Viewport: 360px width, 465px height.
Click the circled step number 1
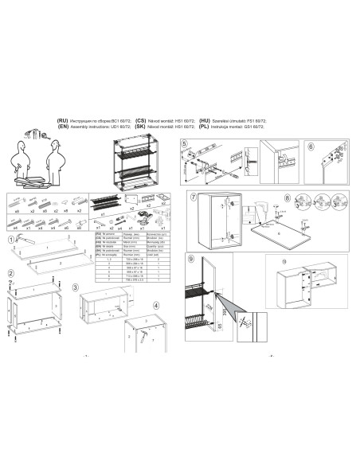click(x=10, y=240)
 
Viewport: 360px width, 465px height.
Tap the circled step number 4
click(x=156, y=305)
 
